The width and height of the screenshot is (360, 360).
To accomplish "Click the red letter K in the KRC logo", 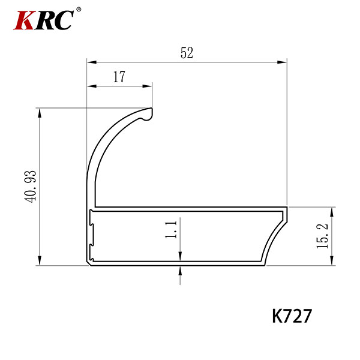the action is pos(24,20).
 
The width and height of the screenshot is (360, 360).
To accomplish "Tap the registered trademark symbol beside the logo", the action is pos(79,10).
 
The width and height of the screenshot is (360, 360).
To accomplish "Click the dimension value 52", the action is pos(187,53).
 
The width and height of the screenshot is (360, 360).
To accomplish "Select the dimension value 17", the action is pos(119,77).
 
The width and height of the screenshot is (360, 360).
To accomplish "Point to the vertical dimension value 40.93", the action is pos(31,187).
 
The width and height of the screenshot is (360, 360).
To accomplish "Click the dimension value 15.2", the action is pos(322,236).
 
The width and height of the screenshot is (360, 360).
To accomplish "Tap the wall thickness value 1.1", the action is pos(171,230).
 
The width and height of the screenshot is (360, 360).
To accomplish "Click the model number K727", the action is pos(292,316).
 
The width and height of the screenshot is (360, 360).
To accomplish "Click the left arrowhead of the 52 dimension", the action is pos(92,62).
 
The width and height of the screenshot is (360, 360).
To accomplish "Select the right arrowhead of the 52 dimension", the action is pos(282,62).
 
